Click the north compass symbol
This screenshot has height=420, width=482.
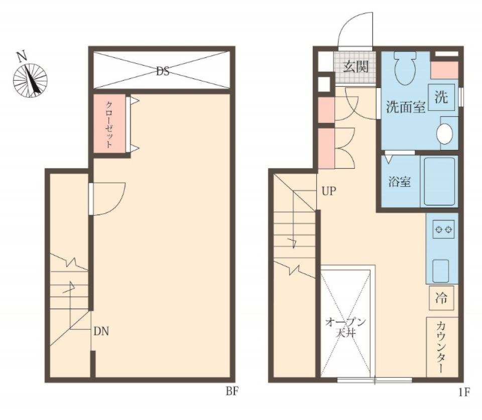pyautogui.click(x=30, y=80)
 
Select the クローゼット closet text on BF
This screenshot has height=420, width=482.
pyautogui.click(x=109, y=124)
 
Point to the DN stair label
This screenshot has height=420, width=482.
pyautogui.click(x=101, y=331)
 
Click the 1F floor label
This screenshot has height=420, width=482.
pyautogui.click(x=464, y=392)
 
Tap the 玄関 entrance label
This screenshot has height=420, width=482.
pyautogui.click(x=355, y=66)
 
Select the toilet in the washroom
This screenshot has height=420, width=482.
pyautogui.click(x=405, y=68)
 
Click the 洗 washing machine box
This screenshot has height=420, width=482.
pyautogui.click(x=441, y=97)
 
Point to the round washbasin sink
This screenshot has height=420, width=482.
pyautogui.click(x=444, y=133)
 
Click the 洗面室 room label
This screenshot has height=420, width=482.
pyautogui.click(x=406, y=107)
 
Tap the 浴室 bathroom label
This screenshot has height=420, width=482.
pyautogui.click(x=399, y=182)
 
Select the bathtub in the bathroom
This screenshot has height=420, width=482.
pyautogui.click(x=439, y=181)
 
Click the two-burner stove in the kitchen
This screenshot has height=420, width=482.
pyautogui.click(x=443, y=229)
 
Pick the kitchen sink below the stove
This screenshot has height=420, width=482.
pyautogui.click(x=441, y=270)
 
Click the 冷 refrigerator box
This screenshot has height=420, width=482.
pyautogui.click(x=441, y=298)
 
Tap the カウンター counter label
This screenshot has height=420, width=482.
pyautogui.click(x=441, y=347)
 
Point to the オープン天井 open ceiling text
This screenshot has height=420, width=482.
pyautogui.click(x=345, y=328)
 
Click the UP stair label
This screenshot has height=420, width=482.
pyautogui.click(x=329, y=191)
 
